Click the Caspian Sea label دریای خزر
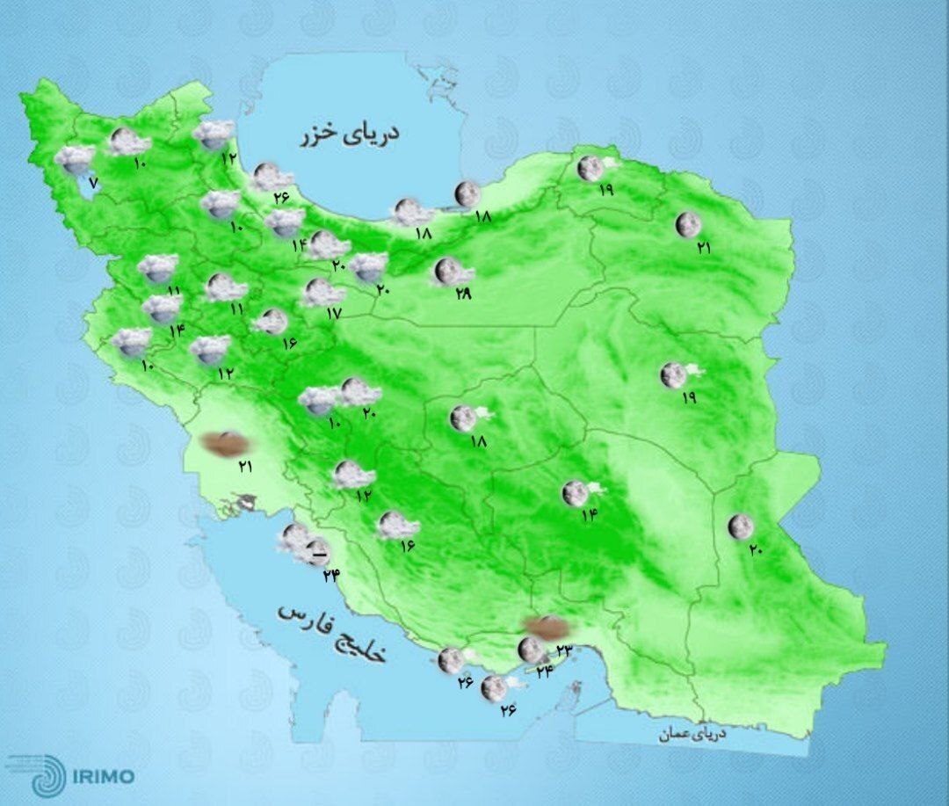pos(349,134)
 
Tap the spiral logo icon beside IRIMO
pos(47,774)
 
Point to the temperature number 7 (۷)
pos(93,184)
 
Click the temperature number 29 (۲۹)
pos(463,294)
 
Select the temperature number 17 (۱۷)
pos(331,313)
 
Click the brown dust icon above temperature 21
pos(221,444)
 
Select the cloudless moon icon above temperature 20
pos(741,526)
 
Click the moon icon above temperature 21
pos(688,225)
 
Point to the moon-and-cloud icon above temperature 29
pos(452,272)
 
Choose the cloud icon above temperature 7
pos(76,159)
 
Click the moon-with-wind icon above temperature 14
pos(579,493)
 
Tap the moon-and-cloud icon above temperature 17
pos(322,292)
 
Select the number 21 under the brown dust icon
pos(245,466)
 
